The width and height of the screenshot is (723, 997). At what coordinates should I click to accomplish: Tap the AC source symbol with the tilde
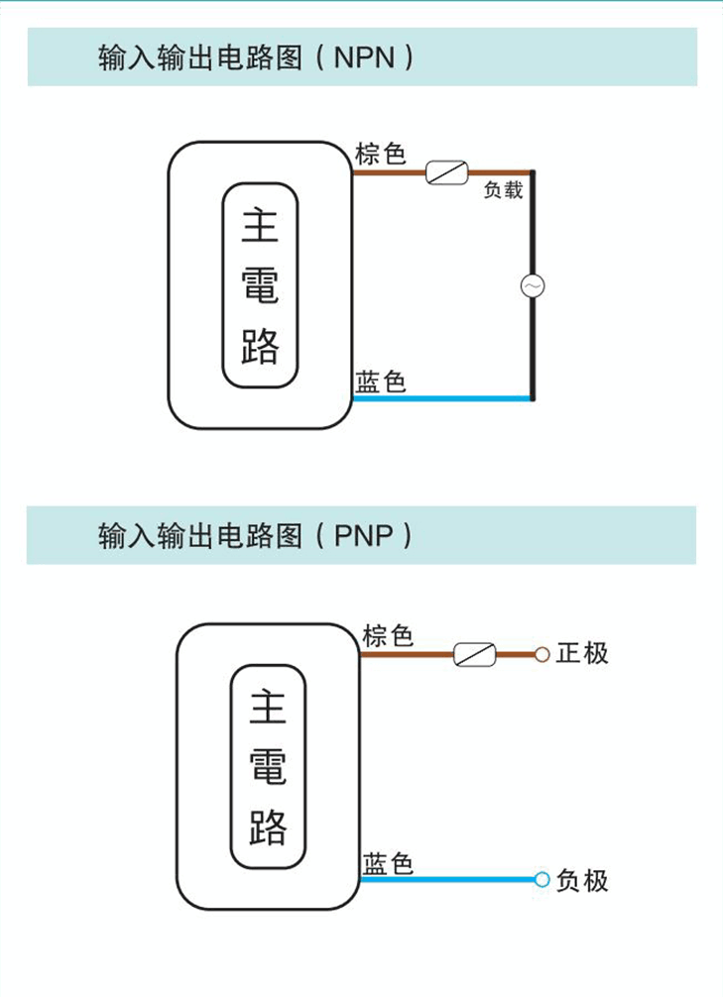533,286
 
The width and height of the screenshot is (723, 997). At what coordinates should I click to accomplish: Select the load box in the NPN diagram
446,173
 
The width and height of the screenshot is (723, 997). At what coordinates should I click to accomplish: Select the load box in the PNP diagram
474,654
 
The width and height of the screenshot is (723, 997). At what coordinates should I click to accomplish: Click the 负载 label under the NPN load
503,190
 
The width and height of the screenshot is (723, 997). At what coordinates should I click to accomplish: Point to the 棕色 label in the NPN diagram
381,155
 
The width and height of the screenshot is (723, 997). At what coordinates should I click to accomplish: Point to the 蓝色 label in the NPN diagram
381,382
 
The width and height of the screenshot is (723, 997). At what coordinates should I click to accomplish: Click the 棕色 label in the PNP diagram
388,635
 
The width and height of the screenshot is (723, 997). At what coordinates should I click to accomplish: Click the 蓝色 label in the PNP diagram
388,863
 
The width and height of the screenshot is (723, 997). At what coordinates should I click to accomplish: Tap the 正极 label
581,653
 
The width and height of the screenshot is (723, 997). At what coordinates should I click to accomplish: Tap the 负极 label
581,880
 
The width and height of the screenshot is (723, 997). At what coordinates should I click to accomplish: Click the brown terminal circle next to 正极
542,654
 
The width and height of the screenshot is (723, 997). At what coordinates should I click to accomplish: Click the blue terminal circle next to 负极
542,879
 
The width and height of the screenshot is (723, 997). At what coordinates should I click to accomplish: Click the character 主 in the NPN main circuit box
260,227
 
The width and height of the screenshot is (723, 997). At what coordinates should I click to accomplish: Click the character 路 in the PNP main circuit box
268,826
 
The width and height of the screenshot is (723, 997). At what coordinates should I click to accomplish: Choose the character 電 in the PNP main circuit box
268,767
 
